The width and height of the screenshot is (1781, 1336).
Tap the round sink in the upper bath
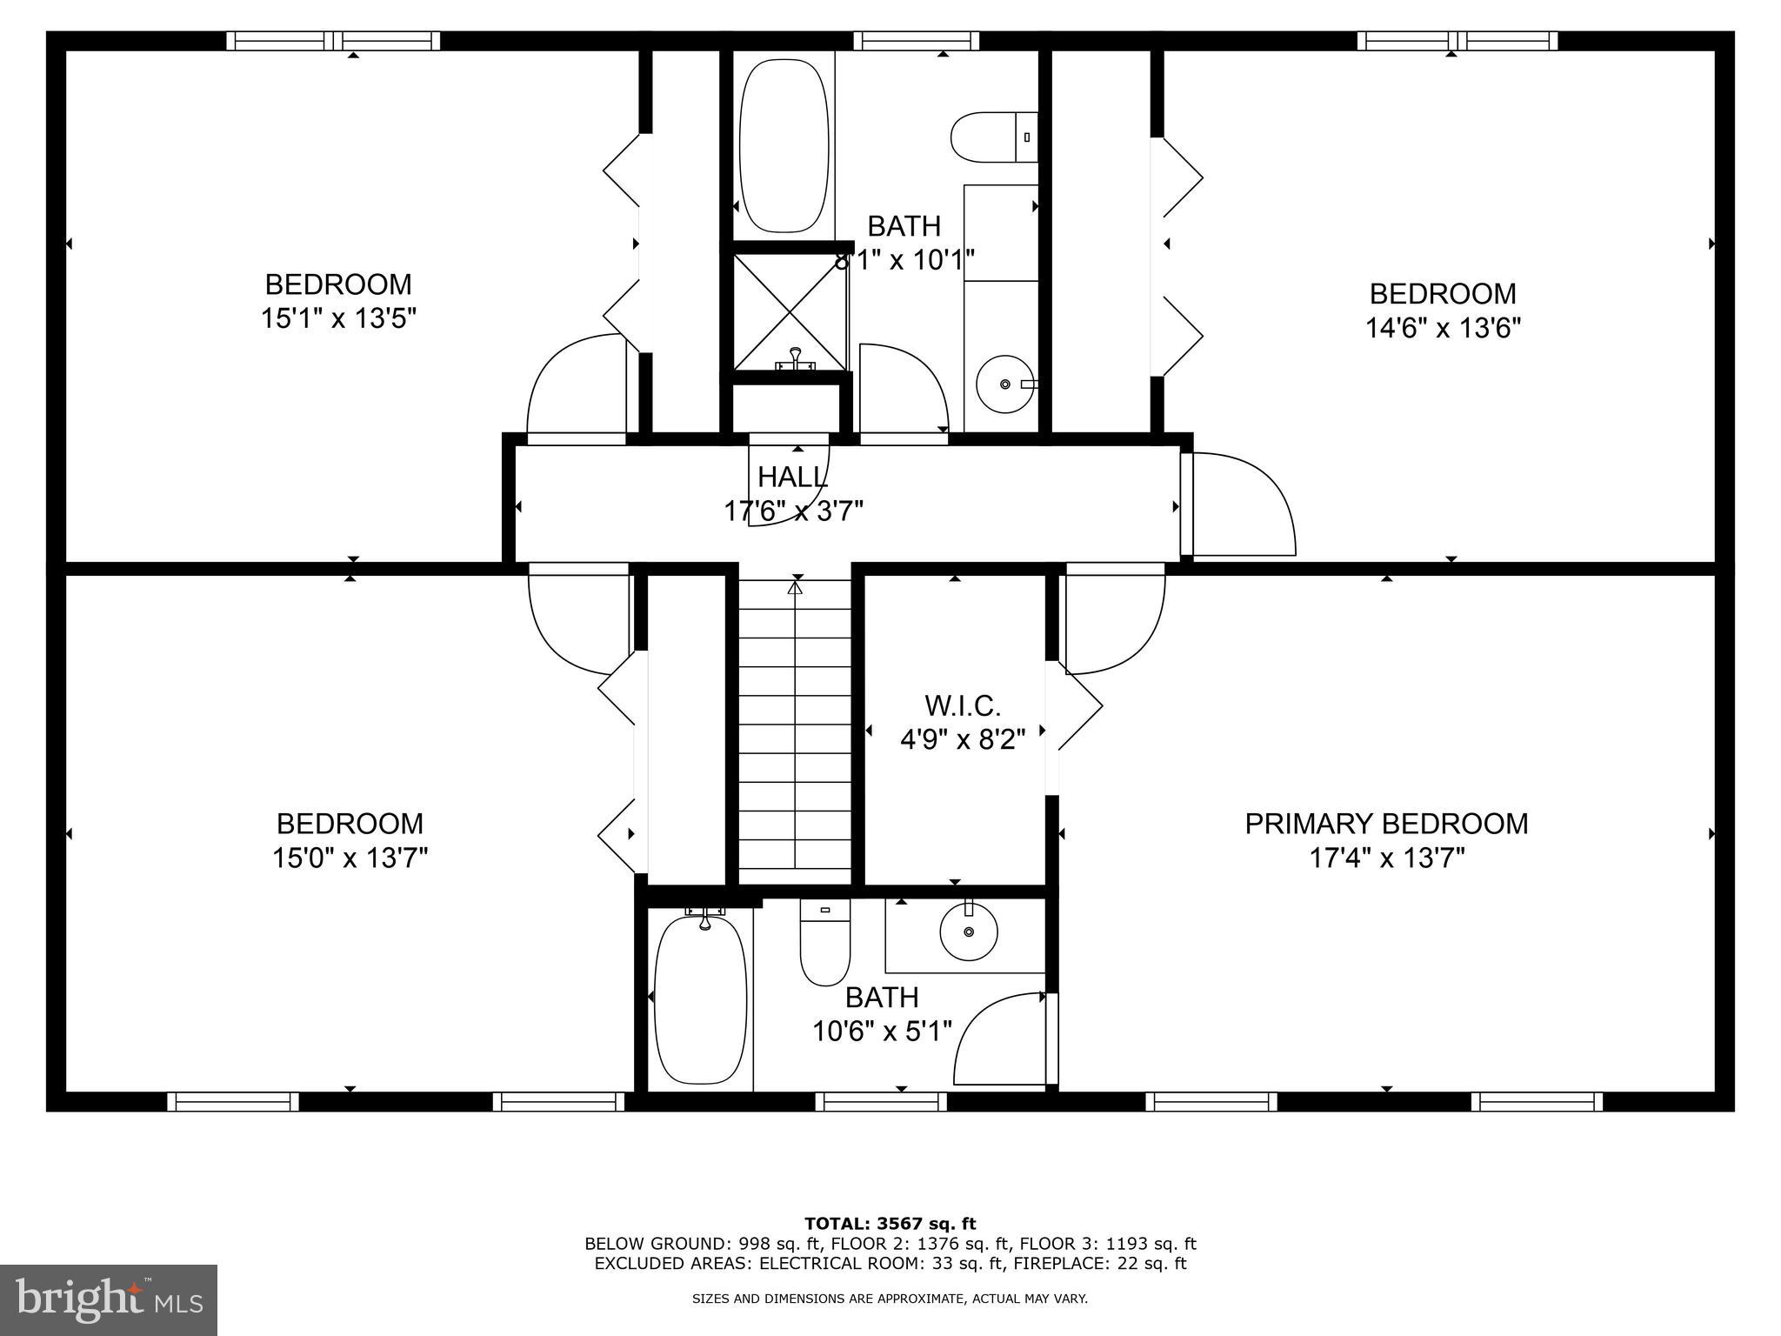(1005, 384)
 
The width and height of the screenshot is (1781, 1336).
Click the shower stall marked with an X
(789, 311)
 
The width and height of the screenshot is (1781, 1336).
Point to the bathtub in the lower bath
(700, 999)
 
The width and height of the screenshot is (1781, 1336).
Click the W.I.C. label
(962, 705)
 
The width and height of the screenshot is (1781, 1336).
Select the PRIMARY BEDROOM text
(1386, 824)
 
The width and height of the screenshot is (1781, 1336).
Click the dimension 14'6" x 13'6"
(1443, 328)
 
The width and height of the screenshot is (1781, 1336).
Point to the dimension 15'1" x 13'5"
(338, 318)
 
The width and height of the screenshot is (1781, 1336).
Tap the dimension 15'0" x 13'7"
(350, 858)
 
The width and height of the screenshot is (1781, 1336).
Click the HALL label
(792, 477)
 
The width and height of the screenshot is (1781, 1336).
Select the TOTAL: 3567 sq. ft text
(890, 1224)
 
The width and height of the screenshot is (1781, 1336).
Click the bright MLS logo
(108, 1299)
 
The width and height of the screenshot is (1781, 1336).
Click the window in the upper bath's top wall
(916, 41)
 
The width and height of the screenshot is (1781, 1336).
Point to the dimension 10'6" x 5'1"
(882, 1031)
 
